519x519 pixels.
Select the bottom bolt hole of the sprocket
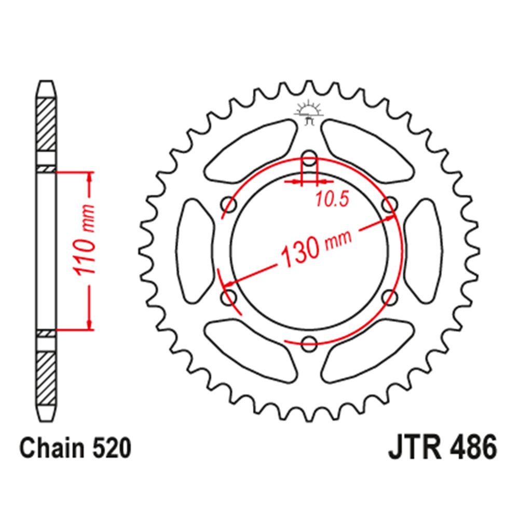coord(309,342)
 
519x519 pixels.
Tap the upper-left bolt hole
coord(229,204)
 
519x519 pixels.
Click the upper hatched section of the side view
coord(46,122)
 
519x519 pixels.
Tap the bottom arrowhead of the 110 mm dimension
coord(91,324)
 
